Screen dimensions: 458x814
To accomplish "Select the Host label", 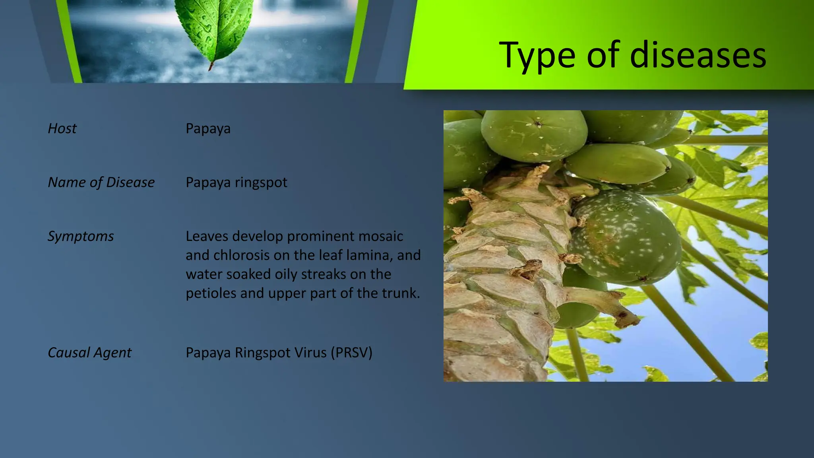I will [62, 128].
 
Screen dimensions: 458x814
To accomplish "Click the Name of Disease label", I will [101, 182].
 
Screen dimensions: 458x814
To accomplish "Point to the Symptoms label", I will [81, 236].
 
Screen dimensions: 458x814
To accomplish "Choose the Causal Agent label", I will [89, 353].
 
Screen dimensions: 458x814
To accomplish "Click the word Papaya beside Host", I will [208, 129].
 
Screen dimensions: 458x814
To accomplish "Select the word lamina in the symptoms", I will [368, 255].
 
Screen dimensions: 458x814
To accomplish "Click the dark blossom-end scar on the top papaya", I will [538, 124].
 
